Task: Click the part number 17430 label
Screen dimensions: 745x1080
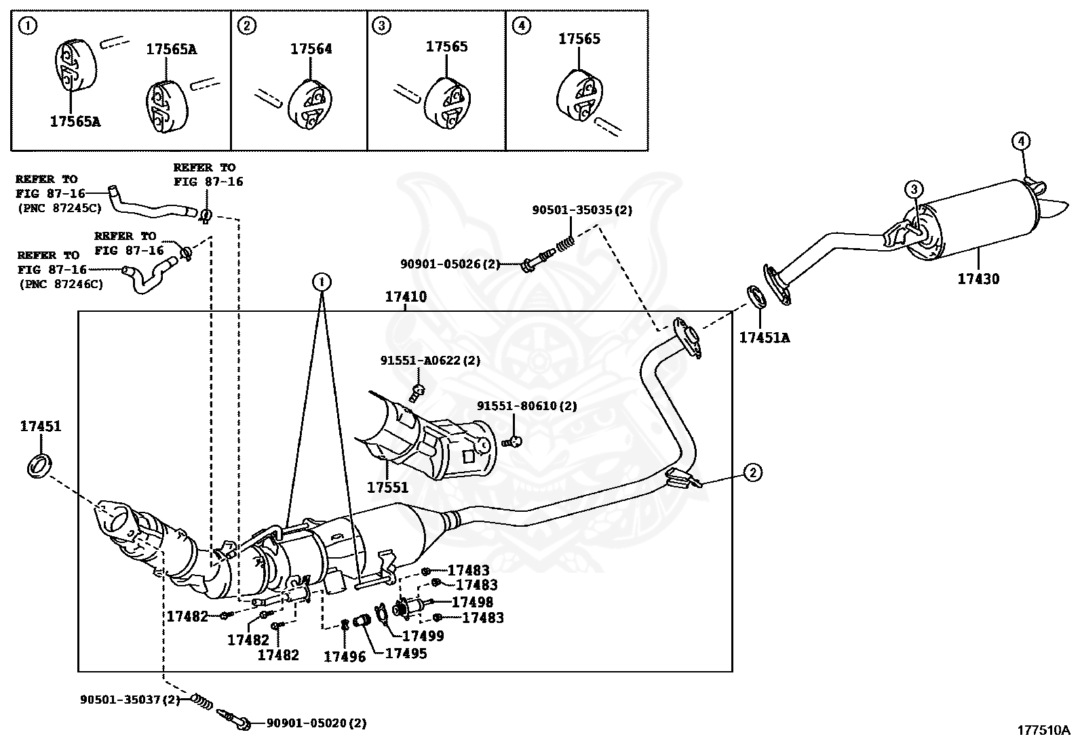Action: point(978,279)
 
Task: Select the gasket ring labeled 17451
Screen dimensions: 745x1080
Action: point(39,466)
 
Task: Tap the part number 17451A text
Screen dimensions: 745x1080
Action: point(765,337)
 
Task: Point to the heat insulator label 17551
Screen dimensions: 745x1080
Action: point(388,487)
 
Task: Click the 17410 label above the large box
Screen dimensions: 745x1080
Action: point(406,297)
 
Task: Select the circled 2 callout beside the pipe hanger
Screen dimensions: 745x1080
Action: point(752,472)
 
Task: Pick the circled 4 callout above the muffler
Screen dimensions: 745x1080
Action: point(1021,142)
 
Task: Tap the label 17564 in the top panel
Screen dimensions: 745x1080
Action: point(311,49)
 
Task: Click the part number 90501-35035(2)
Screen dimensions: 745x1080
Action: point(581,210)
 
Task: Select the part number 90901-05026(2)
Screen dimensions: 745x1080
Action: point(450,264)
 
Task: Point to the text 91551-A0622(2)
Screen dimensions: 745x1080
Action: point(429,361)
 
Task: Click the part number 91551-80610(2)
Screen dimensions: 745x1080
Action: point(526,405)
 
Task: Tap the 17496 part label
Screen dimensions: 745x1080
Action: point(344,656)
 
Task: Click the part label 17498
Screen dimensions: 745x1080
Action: point(472,602)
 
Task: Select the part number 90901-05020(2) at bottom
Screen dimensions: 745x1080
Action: point(315,723)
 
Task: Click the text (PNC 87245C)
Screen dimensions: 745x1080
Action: point(60,209)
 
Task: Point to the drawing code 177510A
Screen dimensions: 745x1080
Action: point(1043,730)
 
